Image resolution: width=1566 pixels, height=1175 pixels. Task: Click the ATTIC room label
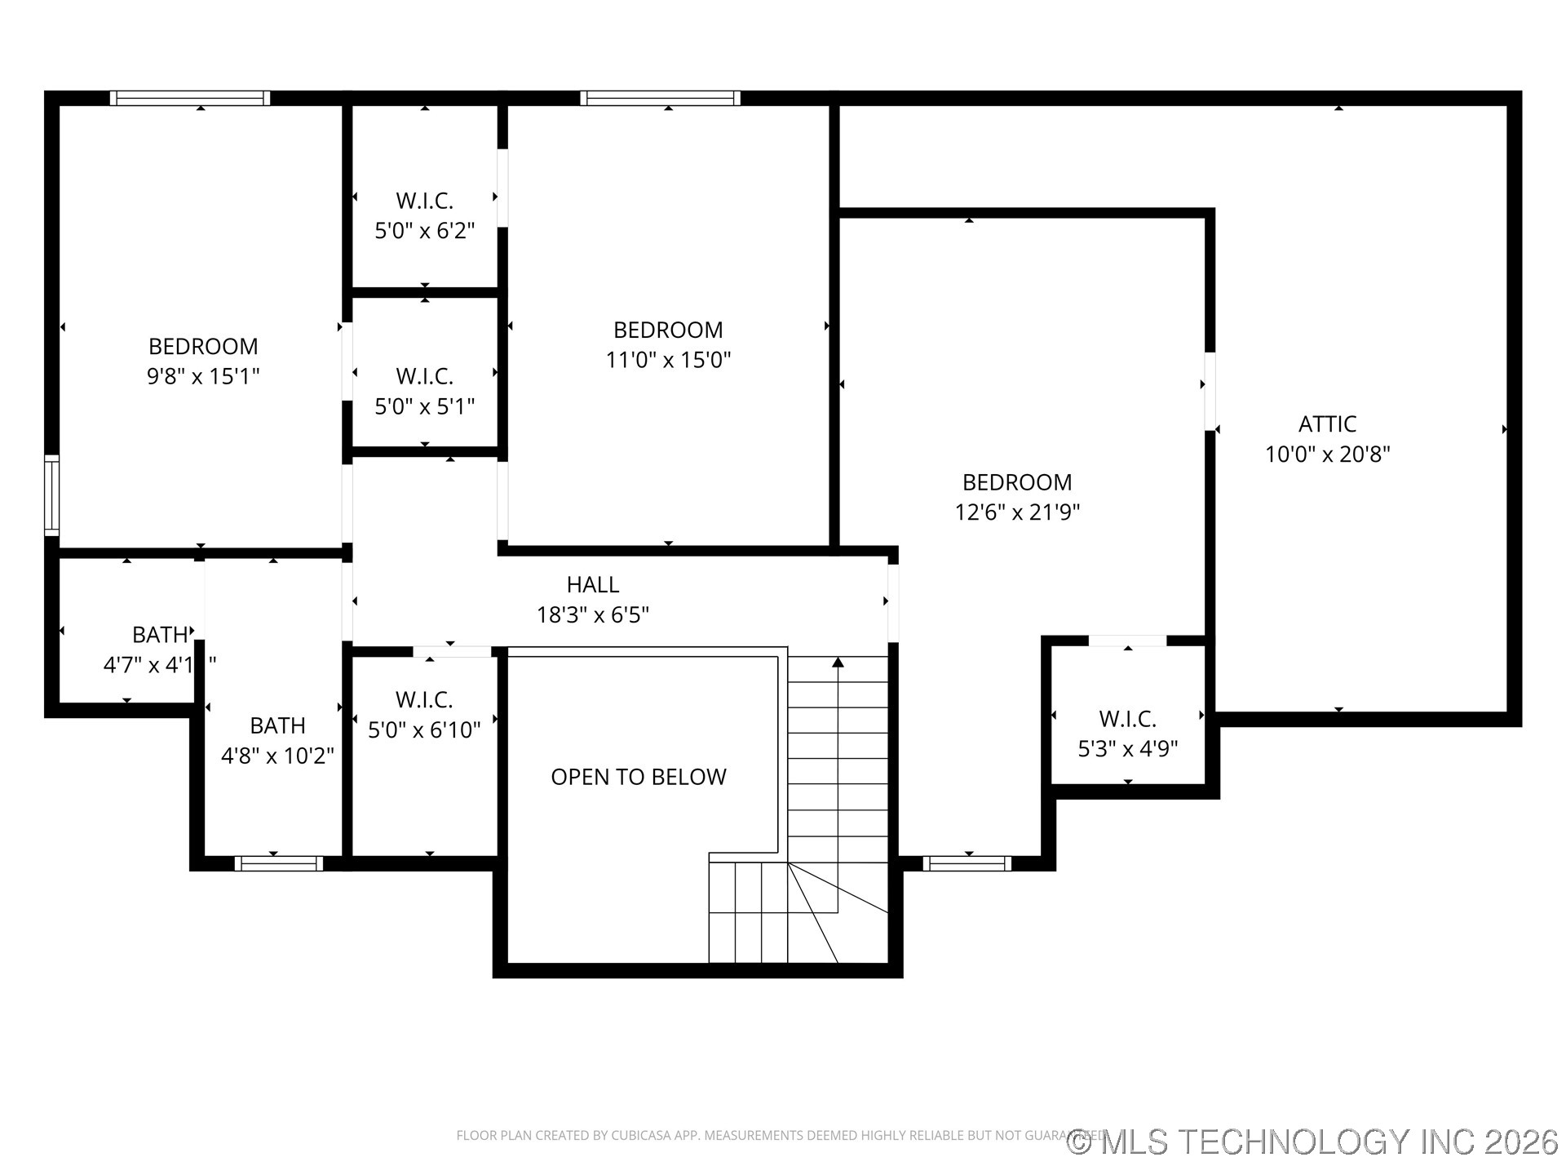(1327, 423)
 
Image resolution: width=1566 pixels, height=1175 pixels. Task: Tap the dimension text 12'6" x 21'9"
(1017, 512)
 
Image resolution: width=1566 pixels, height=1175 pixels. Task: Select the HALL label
(593, 584)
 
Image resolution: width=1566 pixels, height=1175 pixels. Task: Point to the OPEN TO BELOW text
(638, 777)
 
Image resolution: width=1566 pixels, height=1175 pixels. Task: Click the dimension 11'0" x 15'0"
(668, 360)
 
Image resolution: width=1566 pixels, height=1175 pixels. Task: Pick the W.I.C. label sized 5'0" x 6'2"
(424, 201)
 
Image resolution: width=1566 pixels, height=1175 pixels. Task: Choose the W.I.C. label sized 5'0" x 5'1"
(424, 376)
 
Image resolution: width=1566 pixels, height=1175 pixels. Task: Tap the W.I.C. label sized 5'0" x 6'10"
(424, 699)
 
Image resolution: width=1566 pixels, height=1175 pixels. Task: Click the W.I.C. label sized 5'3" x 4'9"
(1127, 719)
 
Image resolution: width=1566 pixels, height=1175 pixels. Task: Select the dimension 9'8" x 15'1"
(203, 376)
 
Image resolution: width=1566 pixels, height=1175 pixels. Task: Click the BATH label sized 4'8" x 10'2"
(277, 725)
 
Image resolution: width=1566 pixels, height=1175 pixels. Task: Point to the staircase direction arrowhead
(838, 662)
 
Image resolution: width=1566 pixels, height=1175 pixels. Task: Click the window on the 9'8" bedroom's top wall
(190, 98)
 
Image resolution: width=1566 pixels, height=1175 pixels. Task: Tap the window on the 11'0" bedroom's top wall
(660, 98)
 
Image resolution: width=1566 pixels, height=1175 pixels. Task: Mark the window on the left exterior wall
(51, 495)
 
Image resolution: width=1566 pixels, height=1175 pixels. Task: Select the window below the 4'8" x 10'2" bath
(278, 863)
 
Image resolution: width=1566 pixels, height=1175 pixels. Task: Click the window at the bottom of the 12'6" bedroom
(967, 863)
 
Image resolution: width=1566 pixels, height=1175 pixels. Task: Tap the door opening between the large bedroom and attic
(1210, 391)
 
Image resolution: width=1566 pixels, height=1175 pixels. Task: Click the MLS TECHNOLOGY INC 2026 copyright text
(1313, 1142)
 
